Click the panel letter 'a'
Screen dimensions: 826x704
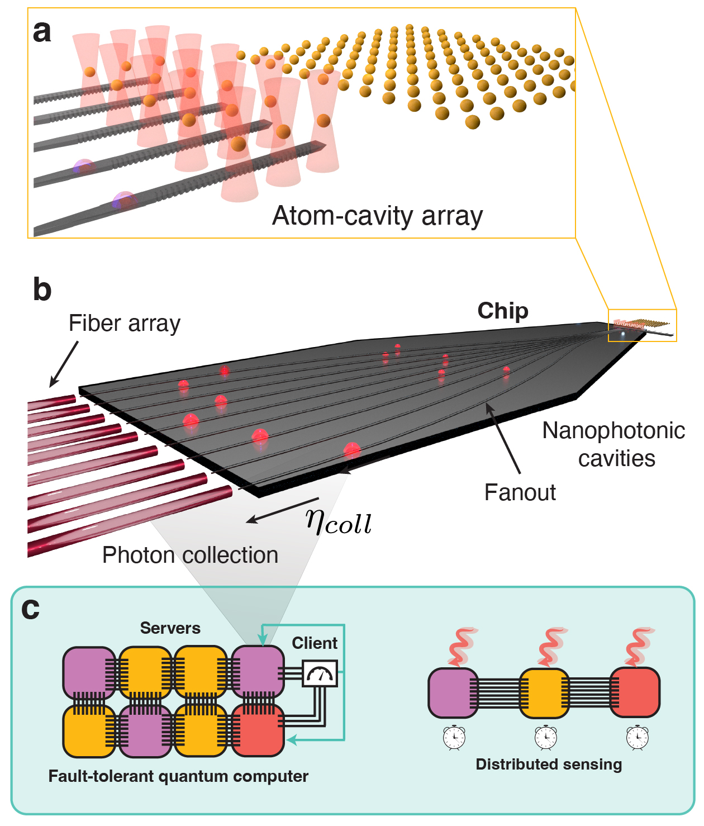tap(42, 32)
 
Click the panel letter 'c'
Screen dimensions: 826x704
tap(31, 609)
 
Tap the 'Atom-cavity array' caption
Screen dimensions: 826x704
tap(377, 216)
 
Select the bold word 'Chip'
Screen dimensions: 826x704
tap(503, 311)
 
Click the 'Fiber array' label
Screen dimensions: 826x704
tap(125, 323)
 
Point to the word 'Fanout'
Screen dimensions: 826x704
tap(520, 492)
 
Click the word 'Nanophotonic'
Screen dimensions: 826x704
tap(613, 430)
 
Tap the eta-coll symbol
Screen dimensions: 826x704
tap(339, 522)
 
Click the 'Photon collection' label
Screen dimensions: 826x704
tap(190, 555)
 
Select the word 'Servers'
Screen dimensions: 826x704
tap(170, 628)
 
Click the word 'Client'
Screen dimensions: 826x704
tap(315, 643)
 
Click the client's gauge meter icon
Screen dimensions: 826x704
tap(320, 673)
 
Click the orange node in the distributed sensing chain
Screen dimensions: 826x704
tap(544, 694)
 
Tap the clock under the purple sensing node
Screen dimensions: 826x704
tap(454, 737)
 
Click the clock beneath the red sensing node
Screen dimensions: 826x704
tap(637, 737)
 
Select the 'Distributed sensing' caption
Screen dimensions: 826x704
tap(549, 764)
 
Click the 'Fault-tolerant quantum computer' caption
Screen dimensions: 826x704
tap(178, 776)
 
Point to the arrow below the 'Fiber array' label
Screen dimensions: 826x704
tap(64, 364)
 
